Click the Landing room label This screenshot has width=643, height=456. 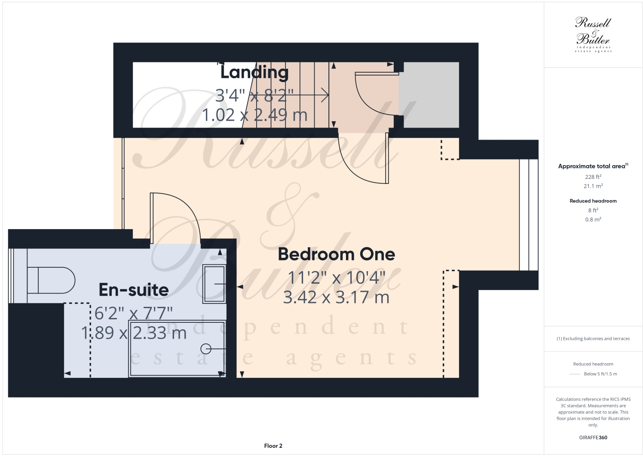coord(254,72)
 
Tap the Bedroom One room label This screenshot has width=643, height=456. coord(336,254)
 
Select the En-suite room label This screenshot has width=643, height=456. coord(134,290)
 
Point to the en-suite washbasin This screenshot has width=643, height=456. coord(214,284)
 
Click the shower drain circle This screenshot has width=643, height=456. coord(206,349)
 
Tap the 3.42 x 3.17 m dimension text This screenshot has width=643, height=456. coord(336,297)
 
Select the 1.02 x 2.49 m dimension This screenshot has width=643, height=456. coord(254,115)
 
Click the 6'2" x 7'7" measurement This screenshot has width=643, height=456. coord(134,313)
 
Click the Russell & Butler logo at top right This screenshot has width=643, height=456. coord(593,34)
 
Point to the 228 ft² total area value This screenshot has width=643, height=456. coord(593,177)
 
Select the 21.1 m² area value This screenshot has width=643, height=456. coord(593,186)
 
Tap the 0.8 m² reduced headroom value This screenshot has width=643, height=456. coord(593,220)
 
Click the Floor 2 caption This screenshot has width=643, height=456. coord(273,446)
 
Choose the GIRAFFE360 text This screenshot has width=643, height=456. coord(593,438)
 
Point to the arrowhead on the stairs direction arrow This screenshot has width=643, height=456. coord(326,95)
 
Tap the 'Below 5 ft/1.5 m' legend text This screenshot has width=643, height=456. coord(600,374)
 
